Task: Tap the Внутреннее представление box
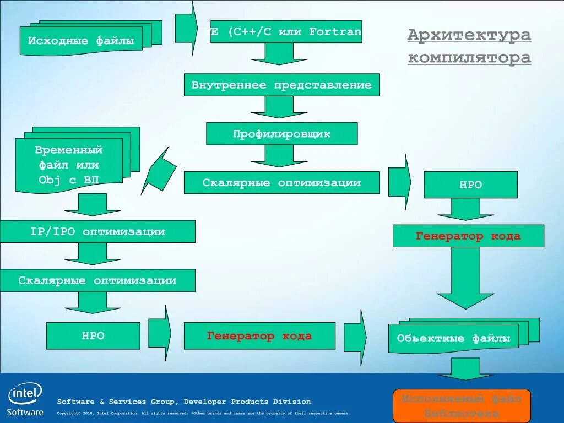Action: (281, 85)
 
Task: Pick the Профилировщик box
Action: (281, 134)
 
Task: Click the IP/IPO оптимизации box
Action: (97, 231)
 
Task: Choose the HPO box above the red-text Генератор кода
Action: (470, 185)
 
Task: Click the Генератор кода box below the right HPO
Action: (468, 236)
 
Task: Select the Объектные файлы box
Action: (453, 339)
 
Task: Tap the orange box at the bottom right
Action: (462, 405)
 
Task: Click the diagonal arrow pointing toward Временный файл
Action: (159, 171)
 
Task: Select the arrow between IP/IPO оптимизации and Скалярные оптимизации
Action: (92, 254)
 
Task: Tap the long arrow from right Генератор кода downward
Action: (465, 277)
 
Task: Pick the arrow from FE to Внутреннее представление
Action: (279, 53)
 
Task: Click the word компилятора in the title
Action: (469, 57)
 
